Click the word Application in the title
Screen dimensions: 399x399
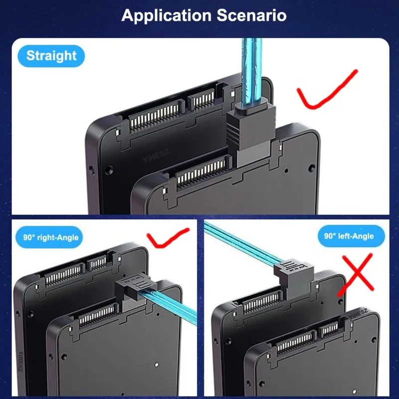[x=167, y=16]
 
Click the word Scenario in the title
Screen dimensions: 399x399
[x=252, y=15]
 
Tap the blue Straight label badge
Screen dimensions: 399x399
[x=51, y=56]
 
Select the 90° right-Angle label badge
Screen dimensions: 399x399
[x=49, y=237]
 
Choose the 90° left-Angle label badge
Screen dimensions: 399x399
[x=351, y=236]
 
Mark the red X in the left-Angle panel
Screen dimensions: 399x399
[x=356, y=275]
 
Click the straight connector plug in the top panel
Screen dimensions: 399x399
[x=251, y=135]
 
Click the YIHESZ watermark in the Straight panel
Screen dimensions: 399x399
[x=156, y=156]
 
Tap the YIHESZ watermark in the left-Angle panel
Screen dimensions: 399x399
[x=358, y=314]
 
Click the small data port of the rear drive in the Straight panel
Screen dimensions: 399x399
[x=201, y=99]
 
